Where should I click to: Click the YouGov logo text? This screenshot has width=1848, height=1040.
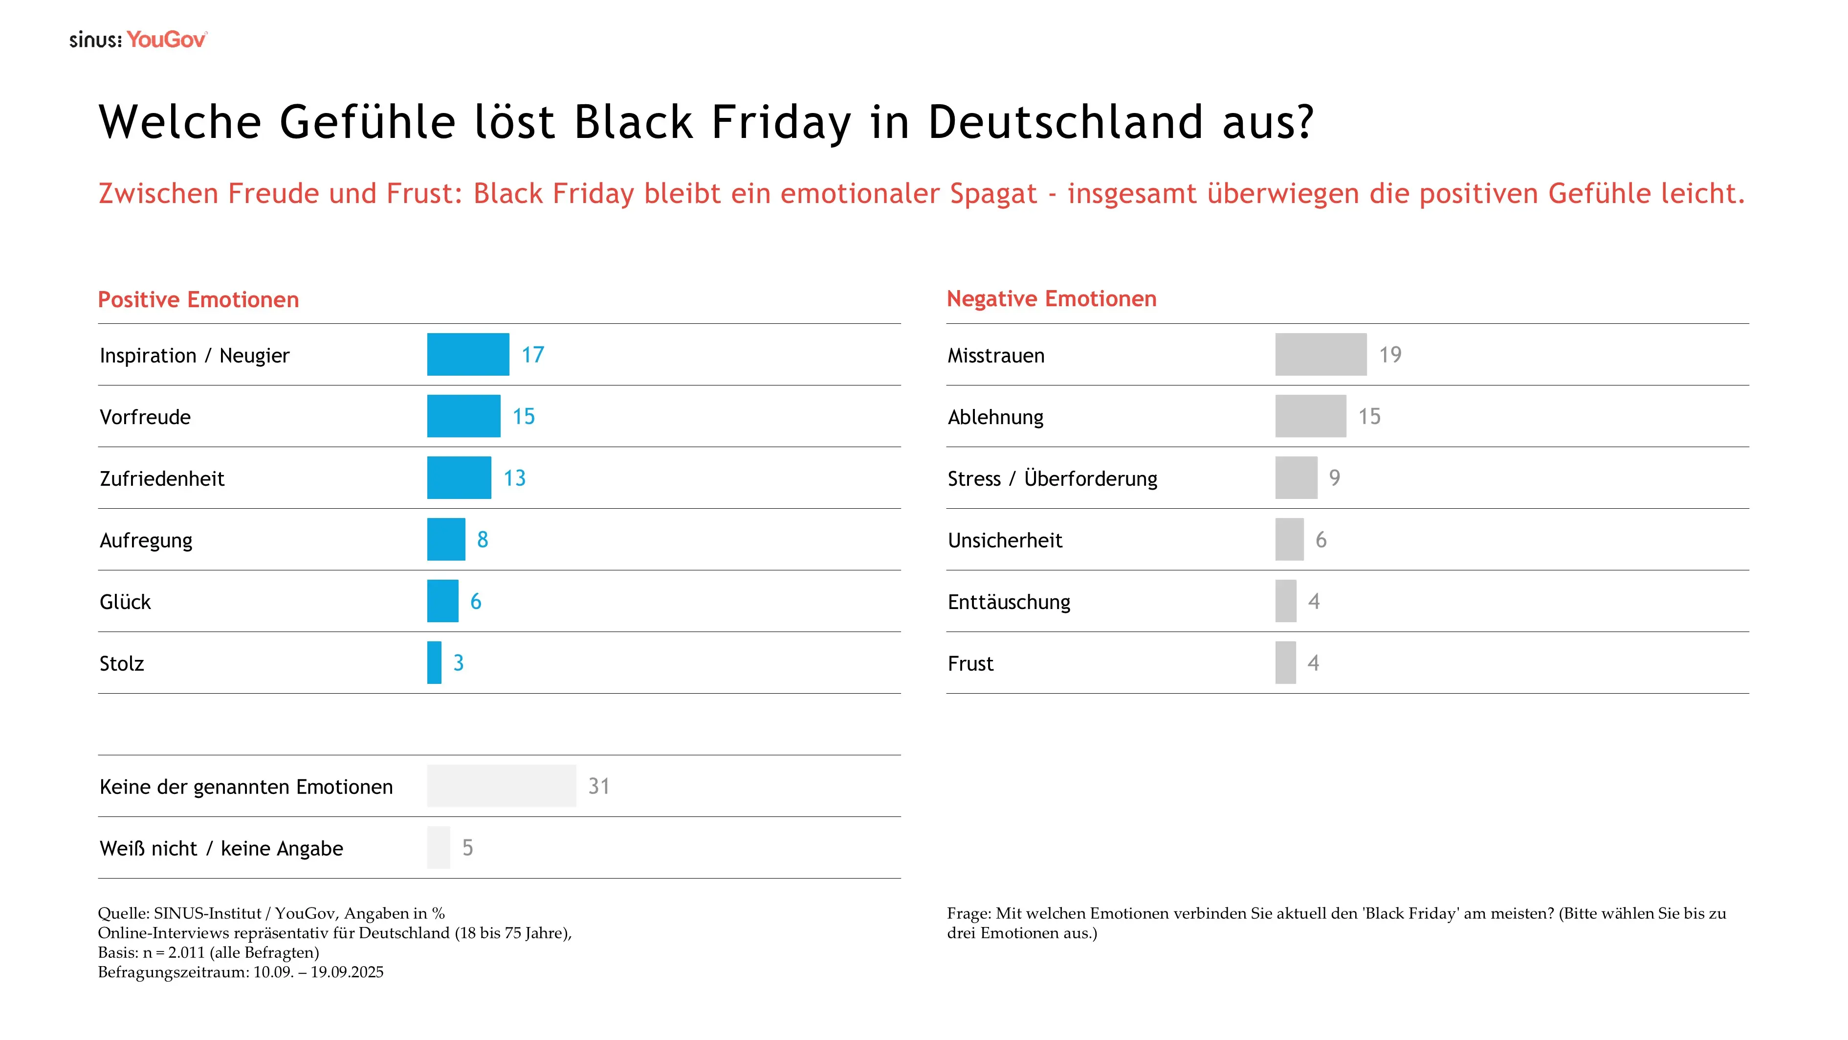click(x=166, y=40)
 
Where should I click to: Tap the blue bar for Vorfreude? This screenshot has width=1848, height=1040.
click(x=463, y=416)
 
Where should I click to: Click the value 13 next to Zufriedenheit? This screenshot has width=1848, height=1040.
click(x=514, y=478)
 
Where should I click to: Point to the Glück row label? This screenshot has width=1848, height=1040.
click(x=125, y=602)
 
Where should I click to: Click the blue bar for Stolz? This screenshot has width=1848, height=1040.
click(x=434, y=662)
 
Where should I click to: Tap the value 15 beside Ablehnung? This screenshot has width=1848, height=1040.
click(x=1369, y=416)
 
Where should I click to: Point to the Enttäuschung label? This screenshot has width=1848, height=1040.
click(x=1008, y=602)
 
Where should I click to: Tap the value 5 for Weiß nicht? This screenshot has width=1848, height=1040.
click(x=467, y=848)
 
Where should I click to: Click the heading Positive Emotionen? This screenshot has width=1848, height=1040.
click(x=198, y=299)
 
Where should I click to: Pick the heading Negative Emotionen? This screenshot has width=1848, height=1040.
click(x=1051, y=298)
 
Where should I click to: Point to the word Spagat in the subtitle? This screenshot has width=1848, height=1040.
click(x=993, y=194)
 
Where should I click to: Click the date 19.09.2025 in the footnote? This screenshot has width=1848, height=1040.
click(x=347, y=972)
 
